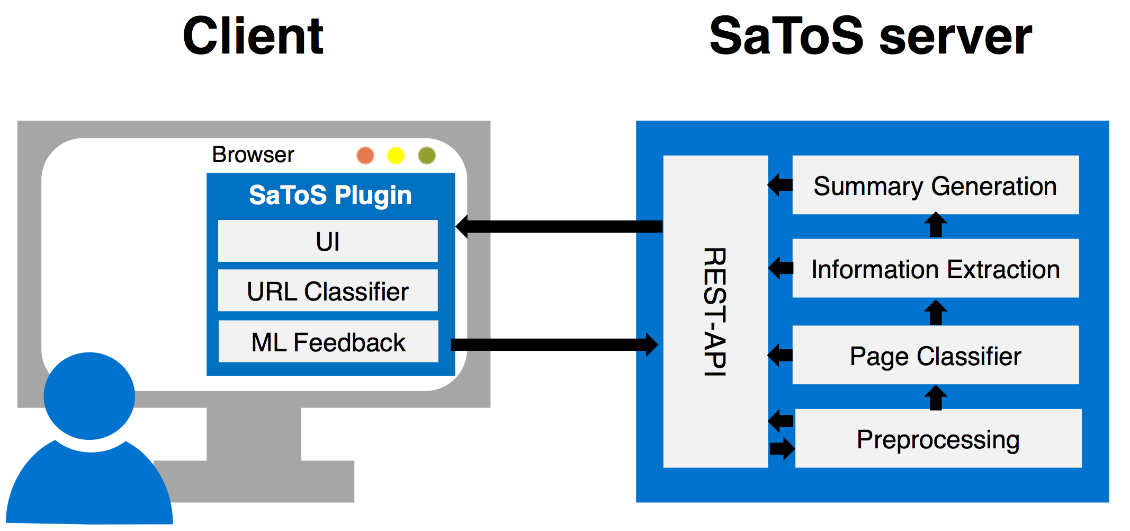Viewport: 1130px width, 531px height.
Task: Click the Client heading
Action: point(253,36)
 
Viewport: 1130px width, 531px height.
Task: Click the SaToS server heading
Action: point(870,36)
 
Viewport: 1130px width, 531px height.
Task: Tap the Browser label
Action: point(253,155)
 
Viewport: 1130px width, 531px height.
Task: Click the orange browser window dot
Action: point(365,155)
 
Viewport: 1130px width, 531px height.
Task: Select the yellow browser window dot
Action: point(396,155)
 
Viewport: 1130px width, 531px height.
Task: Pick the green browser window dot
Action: point(427,155)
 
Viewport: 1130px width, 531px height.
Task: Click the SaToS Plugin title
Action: point(330,195)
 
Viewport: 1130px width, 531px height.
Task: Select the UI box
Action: point(328,241)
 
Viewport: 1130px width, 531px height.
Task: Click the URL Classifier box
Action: point(328,291)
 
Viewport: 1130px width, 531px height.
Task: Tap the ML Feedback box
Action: point(328,342)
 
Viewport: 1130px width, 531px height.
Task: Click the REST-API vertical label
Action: point(715,312)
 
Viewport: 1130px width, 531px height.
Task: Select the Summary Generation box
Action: point(935,185)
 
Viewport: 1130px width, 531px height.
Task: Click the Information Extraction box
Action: point(935,269)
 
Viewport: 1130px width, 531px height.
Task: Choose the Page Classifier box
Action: point(935,356)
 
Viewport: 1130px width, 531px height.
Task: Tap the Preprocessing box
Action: point(938,439)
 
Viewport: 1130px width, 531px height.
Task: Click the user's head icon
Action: point(89,396)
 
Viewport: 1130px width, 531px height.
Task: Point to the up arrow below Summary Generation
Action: point(936,225)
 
